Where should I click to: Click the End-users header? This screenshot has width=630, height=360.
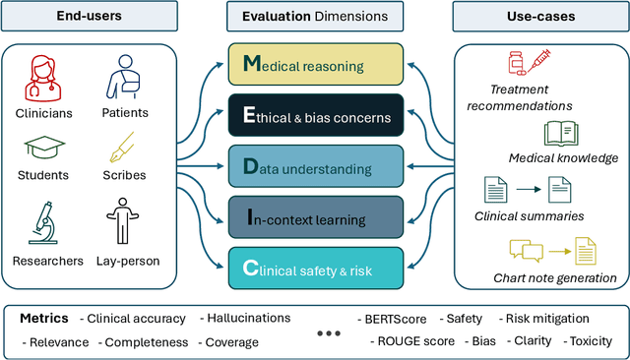[x=90, y=17]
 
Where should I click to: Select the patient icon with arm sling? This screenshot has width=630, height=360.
[x=123, y=74]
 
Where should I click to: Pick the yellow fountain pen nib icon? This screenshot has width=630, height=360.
[x=123, y=150]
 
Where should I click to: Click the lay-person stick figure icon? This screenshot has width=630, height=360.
[x=123, y=224]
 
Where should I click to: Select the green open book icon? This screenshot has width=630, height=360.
[x=562, y=134]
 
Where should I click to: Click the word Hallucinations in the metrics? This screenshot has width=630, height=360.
[x=245, y=318]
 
